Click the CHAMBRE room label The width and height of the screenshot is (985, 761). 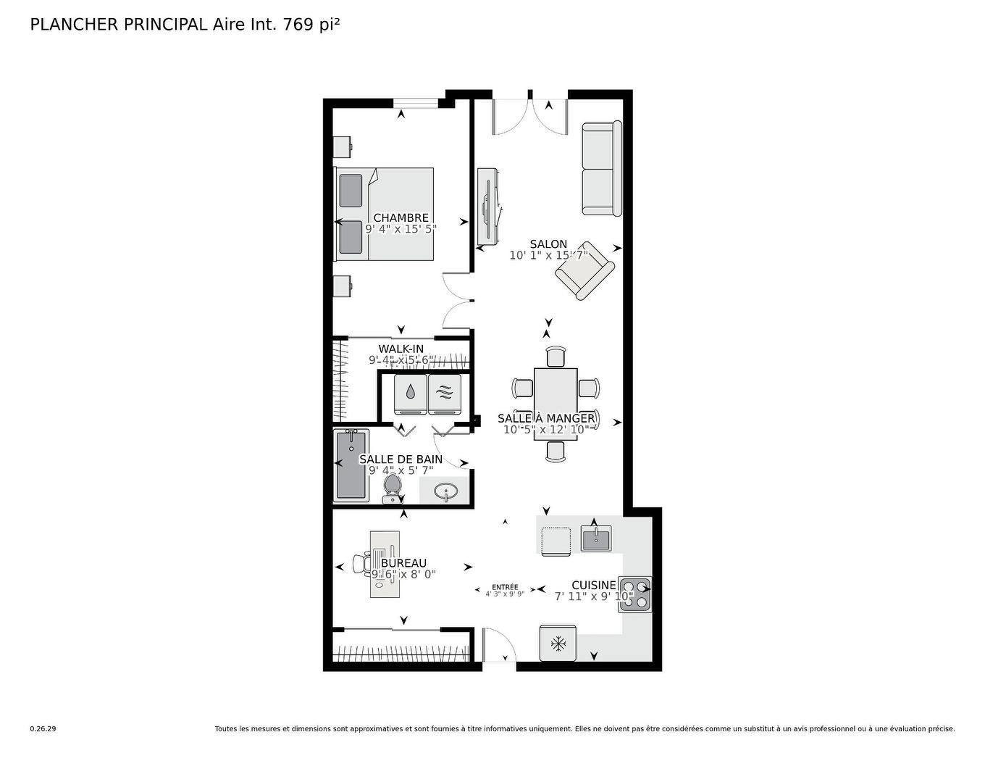pos(401,217)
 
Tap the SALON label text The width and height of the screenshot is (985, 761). pos(548,244)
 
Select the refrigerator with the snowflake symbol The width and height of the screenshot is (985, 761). pos(558,643)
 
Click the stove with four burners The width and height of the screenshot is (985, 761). pos(634,594)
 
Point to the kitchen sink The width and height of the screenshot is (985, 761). pos(595,538)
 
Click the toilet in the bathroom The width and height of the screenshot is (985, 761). pos(392,487)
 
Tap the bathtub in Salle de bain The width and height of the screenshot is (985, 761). pos(351,464)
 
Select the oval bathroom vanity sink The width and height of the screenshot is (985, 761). pos(445,491)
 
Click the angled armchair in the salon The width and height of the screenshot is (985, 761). pos(585,271)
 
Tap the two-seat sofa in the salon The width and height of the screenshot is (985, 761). pos(602,169)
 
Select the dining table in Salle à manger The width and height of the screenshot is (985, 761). pos(556,404)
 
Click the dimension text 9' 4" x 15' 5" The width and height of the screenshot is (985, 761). pos(401,229)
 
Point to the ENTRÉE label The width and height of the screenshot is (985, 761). pos(505,587)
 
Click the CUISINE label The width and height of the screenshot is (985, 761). pos(594,585)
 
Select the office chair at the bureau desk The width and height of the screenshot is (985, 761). pos(361,564)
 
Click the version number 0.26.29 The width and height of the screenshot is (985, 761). pos(43,729)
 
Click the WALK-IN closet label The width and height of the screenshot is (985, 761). pos(401,349)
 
